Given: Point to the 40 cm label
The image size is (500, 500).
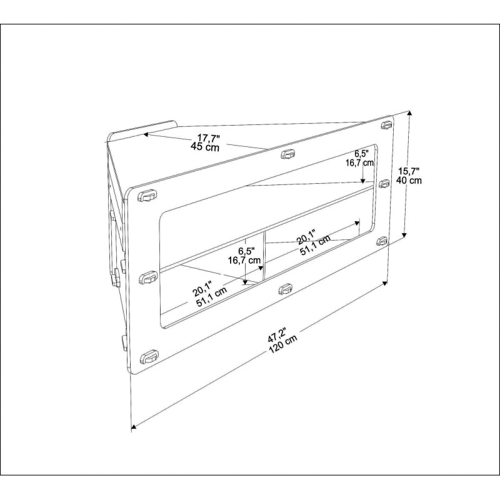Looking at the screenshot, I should coord(409,181).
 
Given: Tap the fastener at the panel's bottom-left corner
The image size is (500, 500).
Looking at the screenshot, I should coord(149,357).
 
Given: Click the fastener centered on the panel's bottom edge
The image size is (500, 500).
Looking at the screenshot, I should coord(285,289).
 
